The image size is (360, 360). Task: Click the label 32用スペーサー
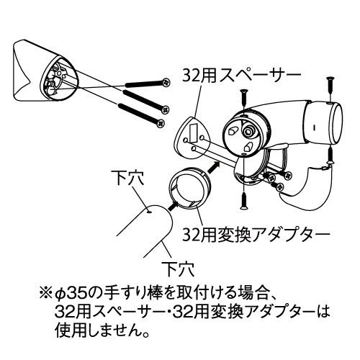coord(241,75)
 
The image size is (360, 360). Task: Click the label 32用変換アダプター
coord(256,234)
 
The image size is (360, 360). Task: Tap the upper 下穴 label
coord(130,178)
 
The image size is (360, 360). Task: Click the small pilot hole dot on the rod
coord(149,212)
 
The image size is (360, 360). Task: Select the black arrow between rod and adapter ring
coord(173,207)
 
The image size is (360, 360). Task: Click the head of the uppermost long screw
coord(166,83)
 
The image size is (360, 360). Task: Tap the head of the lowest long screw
coord(161,124)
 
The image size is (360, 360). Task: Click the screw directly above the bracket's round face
coord(243,99)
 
